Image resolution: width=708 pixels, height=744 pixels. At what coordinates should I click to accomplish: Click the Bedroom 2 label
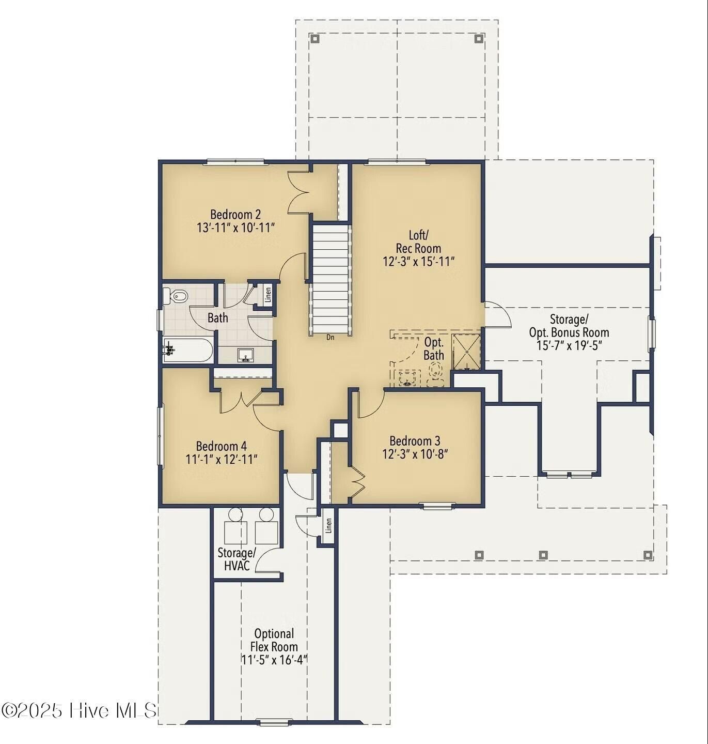click(x=235, y=215)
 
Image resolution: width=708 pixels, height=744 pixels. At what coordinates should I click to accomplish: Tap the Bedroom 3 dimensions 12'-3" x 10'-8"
click(x=415, y=454)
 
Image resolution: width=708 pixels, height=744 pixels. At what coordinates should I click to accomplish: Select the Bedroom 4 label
click(x=221, y=446)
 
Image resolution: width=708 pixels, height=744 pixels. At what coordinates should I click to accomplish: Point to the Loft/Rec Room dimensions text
click(x=418, y=261)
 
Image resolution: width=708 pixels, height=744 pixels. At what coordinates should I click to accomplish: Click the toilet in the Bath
click(x=176, y=296)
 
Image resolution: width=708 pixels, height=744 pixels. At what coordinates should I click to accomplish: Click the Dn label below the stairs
click(x=331, y=337)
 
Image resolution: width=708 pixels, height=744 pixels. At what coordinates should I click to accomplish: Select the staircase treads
click(x=331, y=279)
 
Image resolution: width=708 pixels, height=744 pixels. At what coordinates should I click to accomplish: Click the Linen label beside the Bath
click(x=268, y=294)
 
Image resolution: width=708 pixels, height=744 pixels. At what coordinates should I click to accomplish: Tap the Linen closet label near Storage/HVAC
click(x=328, y=526)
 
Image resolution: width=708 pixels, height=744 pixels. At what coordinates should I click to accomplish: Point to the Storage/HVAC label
click(x=237, y=559)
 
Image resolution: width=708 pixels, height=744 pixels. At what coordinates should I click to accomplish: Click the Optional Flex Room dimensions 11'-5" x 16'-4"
click(x=274, y=660)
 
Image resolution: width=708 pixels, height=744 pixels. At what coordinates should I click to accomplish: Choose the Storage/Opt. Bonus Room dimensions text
click(x=569, y=345)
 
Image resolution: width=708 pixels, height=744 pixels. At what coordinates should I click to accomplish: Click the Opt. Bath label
click(x=434, y=348)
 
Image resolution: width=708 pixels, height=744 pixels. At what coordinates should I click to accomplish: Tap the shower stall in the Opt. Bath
click(x=466, y=352)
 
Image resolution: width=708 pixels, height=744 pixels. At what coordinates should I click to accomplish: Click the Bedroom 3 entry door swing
click(x=370, y=404)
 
